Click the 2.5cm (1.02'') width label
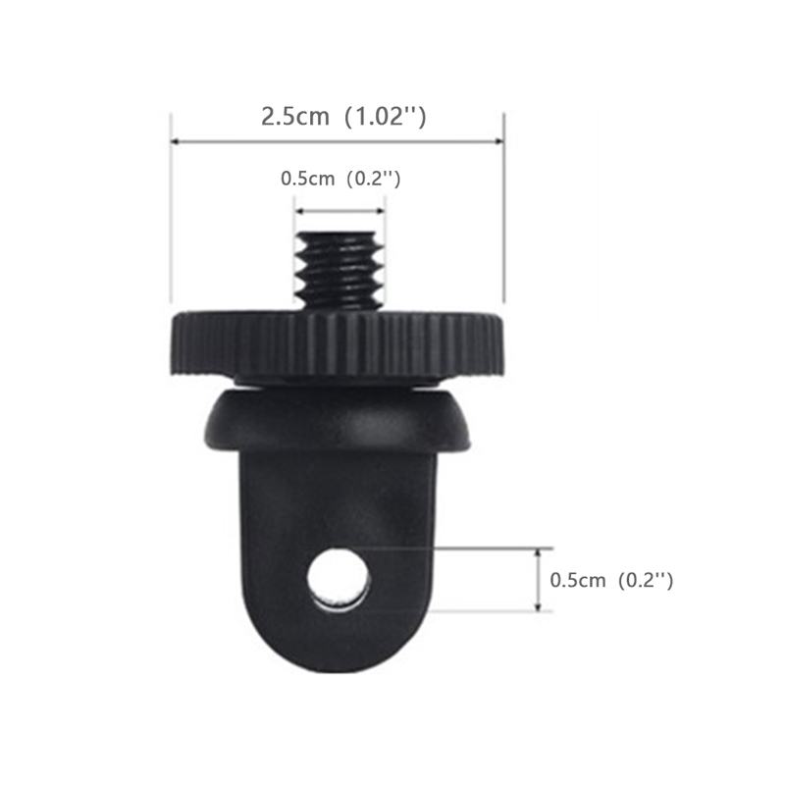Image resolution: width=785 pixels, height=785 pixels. coord(343,117)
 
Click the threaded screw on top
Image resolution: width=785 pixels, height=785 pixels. coord(340,271)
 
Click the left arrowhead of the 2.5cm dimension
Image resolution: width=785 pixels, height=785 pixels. coord(176,141)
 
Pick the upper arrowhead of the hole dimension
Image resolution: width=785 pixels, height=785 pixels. coord(538,552)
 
